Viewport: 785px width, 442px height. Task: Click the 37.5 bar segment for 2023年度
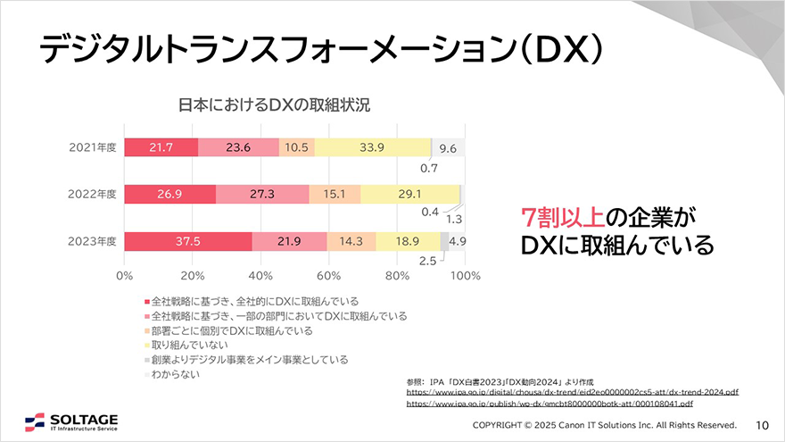click(x=188, y=241)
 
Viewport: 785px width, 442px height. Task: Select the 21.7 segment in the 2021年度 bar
click(x=161, y=148)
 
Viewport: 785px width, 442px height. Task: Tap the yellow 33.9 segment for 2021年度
click(x=373, y=148)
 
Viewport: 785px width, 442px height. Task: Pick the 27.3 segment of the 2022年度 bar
click(x=262, y=195)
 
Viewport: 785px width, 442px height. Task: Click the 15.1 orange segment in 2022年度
click(x=335, y=195)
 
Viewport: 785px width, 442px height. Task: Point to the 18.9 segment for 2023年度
click(x=408, y=241)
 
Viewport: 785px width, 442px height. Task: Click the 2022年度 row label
click(x=93, y=195)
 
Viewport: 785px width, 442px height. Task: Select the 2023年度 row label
click(x=93, y=241)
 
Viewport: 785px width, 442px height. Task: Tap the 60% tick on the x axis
click(x=328, y=275)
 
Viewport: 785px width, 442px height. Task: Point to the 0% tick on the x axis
click(x=124, y=275)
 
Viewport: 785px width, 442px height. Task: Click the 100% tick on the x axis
click(x=463, y=275)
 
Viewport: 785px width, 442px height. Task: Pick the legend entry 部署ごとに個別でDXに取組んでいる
click(x=231, y=330)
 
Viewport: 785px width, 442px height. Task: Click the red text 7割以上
click(x=563, y=216)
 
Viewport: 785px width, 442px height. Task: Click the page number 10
click(x=763, y=424)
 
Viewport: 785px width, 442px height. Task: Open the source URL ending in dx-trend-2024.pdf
click(x=572, y=392)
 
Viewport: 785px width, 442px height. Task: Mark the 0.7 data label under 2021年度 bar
click(x=428, y=167)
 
